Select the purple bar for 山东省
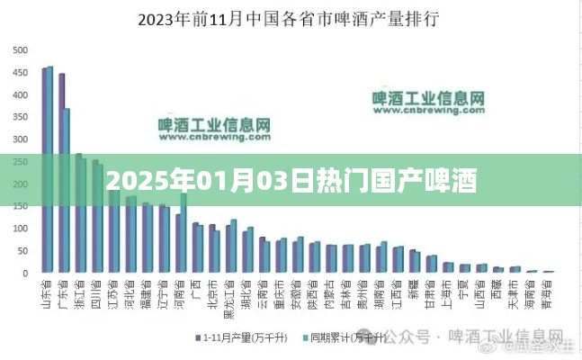click(45, 170)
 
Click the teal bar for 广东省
click(67, 190)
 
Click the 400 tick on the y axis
click(20, 93)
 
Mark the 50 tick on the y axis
click(22, 249)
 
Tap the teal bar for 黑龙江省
click(234, 246)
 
